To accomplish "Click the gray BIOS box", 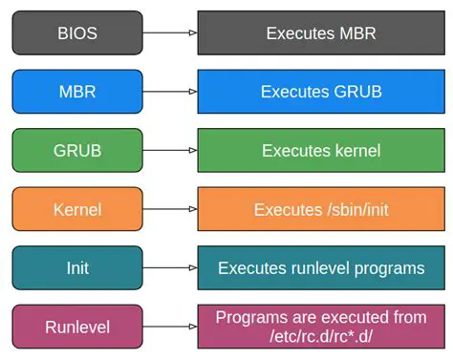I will [76, 33].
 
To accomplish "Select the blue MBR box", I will [76, 92].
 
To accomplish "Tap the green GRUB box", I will [76, 151].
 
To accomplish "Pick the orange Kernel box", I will [76, 209].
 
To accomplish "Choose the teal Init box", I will [76, 268].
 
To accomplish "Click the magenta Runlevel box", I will [76, 327].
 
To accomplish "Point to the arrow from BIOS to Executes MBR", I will [170, 33].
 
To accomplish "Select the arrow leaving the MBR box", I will [170, 92].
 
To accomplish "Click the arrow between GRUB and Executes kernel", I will [170, 151].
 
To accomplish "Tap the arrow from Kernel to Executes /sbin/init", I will [170, 209].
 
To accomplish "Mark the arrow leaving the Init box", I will [170, 268].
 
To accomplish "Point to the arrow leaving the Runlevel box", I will [170, 327].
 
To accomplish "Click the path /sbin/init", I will [354, 209].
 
